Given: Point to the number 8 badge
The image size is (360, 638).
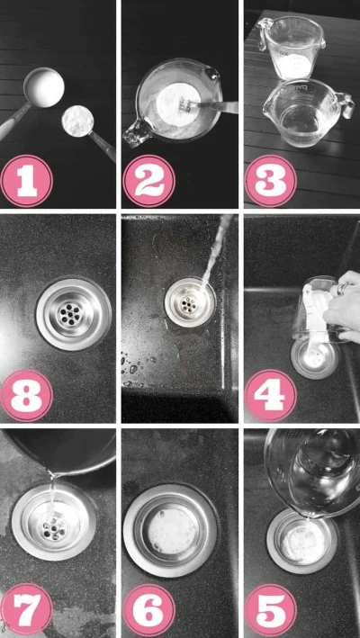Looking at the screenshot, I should click(x=28, y=394).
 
